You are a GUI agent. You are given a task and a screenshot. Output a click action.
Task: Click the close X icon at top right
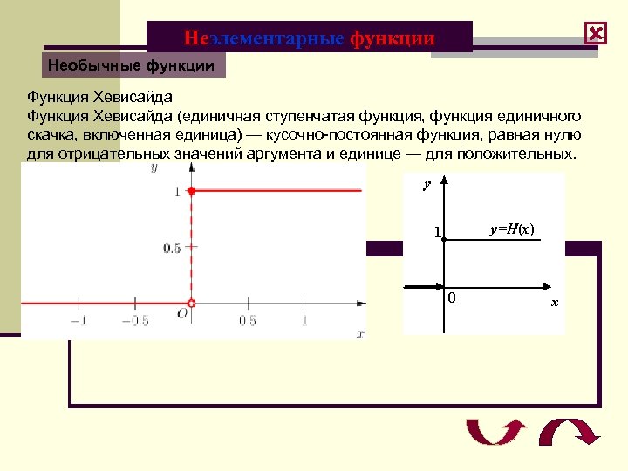pos(596,34)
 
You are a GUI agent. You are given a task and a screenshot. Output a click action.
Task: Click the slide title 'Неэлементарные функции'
pos(309,38)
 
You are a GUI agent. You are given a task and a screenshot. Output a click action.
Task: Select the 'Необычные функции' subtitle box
pos(131,65)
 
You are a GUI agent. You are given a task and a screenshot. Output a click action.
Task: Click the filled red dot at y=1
pos(192,190)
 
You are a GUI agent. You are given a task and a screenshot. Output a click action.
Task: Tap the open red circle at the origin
pos(192,303)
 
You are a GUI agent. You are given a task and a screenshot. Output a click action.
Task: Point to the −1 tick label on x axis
pos(78,321)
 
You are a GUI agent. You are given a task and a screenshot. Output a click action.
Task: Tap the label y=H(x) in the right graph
pos(512,229)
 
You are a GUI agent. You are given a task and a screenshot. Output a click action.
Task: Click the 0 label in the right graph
pos(452,298)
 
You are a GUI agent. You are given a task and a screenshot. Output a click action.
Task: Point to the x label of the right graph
pos(554,303)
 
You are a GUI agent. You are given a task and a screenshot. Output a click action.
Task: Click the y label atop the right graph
pos(427,185)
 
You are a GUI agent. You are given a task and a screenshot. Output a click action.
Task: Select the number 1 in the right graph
pos(437,233)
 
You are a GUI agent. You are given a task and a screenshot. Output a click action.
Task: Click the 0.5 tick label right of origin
pos(248,321)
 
